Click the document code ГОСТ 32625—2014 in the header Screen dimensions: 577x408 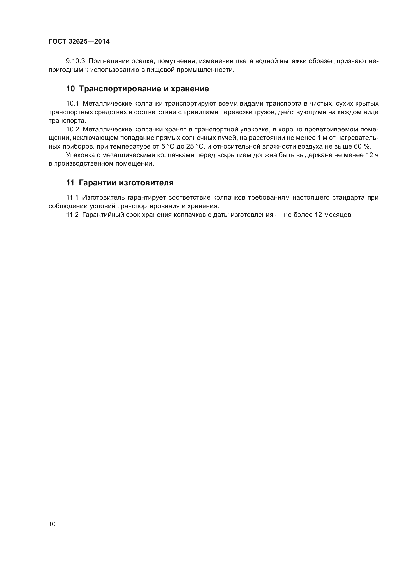point(79,41)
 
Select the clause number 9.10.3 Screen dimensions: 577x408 point(75,61)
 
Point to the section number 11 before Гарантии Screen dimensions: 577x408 point(70,183)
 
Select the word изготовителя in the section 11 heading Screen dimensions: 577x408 point(146,183)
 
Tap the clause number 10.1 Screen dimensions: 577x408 point(73,104)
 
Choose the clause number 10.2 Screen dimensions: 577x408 point(73,130)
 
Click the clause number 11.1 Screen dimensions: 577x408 point(72,198)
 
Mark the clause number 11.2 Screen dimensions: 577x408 point(72,215)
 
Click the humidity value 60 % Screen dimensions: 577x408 point(362,147)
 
